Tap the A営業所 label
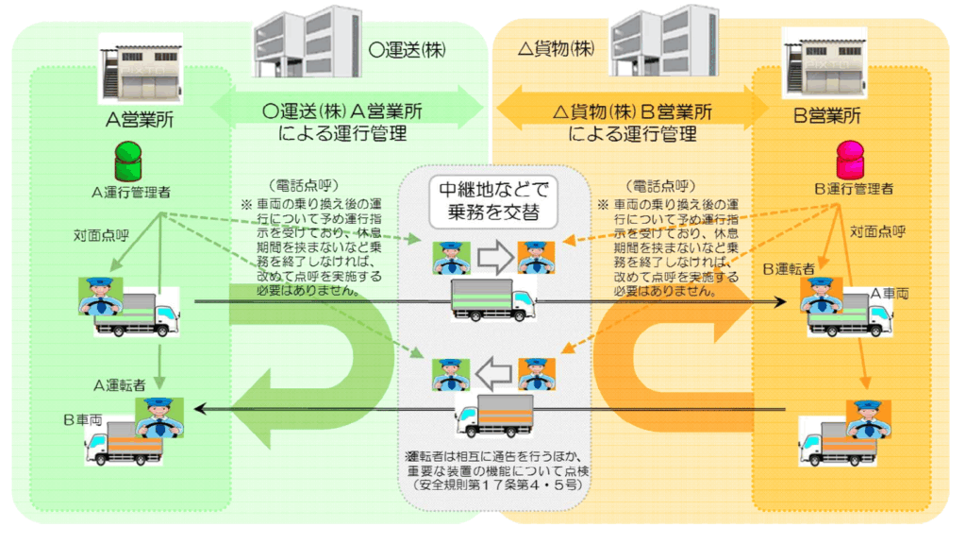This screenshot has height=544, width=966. click(132, 120)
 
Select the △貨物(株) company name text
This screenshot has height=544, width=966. click(555, 47)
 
